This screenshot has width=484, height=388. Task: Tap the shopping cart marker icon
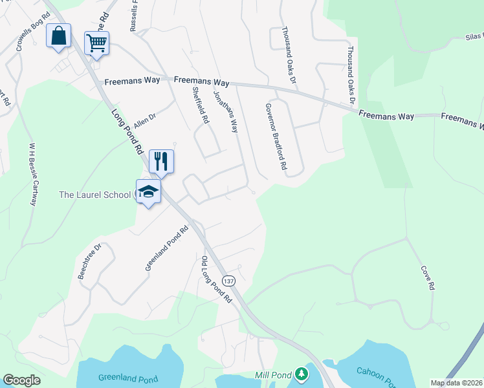coord(96,43)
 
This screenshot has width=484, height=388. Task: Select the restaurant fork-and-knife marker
coord(161,161)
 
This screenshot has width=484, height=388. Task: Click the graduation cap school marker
coord(148,191)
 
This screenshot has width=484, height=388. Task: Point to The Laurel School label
coord(94,194)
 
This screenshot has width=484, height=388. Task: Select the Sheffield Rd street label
coord(201,106)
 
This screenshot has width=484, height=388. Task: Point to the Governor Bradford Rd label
coord(276,136)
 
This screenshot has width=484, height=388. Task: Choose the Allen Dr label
coord(145,121)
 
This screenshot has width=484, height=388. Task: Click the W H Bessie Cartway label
coord(32,174)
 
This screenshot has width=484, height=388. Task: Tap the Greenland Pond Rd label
coord(166,248)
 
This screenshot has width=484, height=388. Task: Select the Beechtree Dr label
coord(90,261)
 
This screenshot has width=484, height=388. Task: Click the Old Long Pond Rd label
coord(216,280)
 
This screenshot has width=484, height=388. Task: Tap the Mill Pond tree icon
coord(301,374)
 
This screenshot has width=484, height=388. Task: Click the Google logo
coord(21,380)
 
